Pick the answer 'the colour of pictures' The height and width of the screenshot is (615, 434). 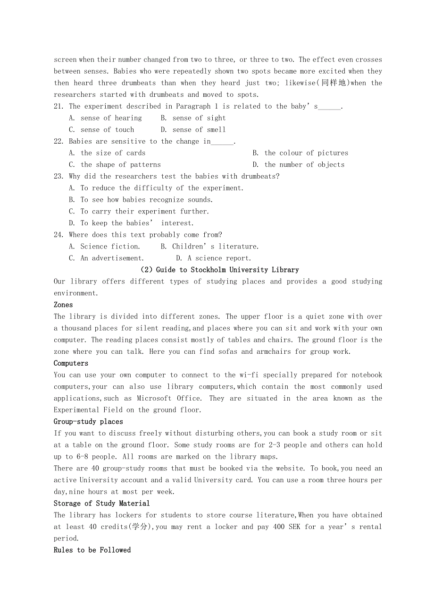click(x=306, y=153)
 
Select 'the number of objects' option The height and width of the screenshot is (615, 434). click(x=304, y=165)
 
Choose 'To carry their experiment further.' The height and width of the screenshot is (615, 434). click(x=145, y=212)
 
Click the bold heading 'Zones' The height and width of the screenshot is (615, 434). click(x=63, y=305)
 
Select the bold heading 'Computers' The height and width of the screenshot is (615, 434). click(x=71, y=363)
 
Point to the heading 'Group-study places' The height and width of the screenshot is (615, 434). click(x=88, y=422)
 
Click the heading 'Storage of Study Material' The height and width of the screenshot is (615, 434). click(x=101, y=504)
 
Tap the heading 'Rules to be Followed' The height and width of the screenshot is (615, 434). click(x=92, y=550)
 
